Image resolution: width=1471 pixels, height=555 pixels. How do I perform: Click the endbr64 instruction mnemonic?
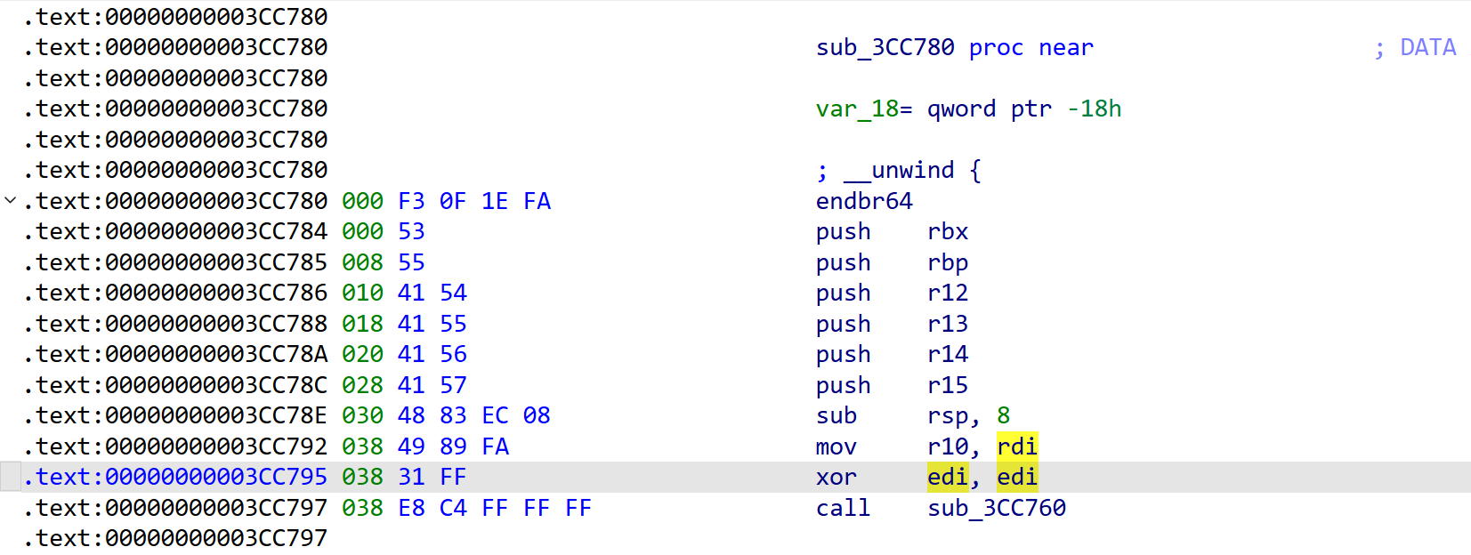864,201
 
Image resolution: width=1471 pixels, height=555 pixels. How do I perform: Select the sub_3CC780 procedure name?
885,47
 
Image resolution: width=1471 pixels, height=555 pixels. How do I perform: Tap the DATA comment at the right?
1427,47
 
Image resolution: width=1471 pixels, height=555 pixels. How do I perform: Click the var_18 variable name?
857,109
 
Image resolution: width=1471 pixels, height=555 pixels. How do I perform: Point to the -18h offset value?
1095,109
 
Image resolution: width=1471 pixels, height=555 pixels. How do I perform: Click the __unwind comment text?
899,171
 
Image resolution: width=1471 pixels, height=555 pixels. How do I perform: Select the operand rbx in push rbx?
948,231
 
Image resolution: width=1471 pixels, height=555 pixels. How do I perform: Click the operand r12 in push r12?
948,293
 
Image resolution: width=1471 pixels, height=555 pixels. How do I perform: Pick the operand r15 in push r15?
948,385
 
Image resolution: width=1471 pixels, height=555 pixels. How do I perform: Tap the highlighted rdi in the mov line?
1017,446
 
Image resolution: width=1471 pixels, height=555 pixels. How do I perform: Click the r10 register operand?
948,446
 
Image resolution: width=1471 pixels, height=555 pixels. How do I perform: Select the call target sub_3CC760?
997,508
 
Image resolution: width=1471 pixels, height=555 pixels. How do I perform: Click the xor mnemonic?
836,477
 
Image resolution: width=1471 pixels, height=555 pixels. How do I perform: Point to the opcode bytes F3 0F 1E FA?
474,201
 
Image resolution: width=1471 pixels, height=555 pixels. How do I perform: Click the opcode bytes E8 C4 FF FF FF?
495,508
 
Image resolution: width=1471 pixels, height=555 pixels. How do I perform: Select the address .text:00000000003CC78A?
175,354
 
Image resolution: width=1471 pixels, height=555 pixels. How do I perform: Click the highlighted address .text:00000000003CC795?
175,477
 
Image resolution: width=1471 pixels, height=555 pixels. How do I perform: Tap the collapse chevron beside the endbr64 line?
10,200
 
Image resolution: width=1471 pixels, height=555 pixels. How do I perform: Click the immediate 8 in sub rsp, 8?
1004,415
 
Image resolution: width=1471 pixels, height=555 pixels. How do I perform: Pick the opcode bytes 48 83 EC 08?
474,415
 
